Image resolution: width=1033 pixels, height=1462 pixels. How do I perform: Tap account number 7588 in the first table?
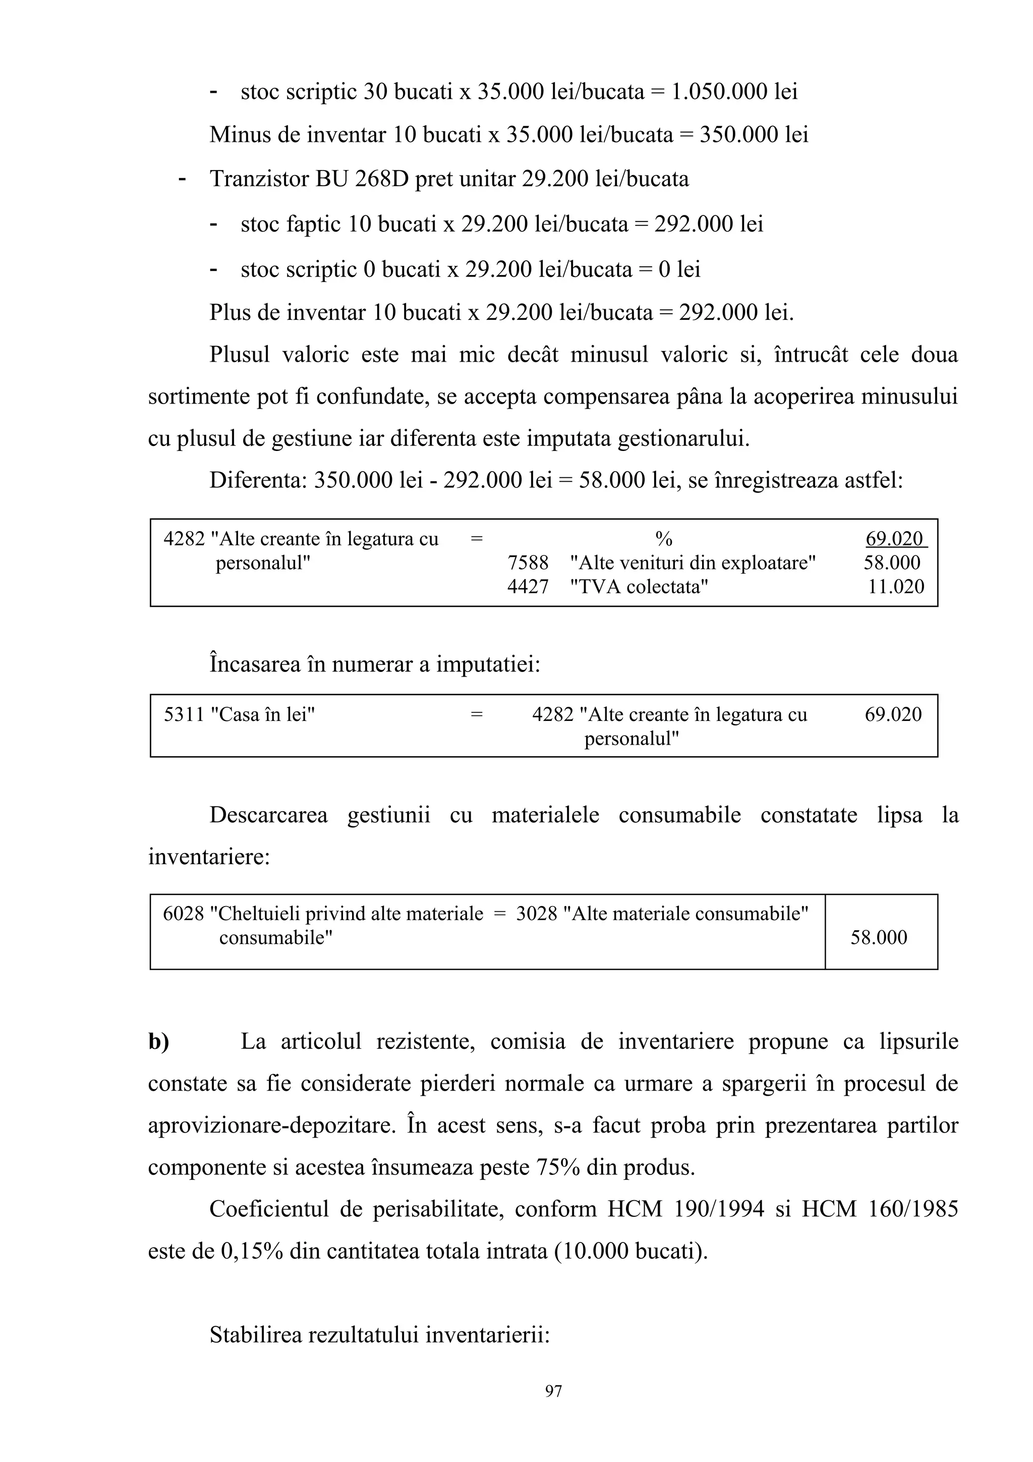528,563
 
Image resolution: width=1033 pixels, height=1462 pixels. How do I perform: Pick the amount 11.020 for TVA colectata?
895,586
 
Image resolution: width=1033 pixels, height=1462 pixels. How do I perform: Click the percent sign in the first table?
663,539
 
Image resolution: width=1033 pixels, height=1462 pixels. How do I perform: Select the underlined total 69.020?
894,539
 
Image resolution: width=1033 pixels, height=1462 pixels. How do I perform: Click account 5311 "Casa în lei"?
239,714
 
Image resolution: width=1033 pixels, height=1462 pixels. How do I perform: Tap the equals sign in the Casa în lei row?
476,714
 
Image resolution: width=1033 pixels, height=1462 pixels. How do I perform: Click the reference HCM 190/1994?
685,1209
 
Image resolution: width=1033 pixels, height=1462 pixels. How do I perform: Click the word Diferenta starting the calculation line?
258,480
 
